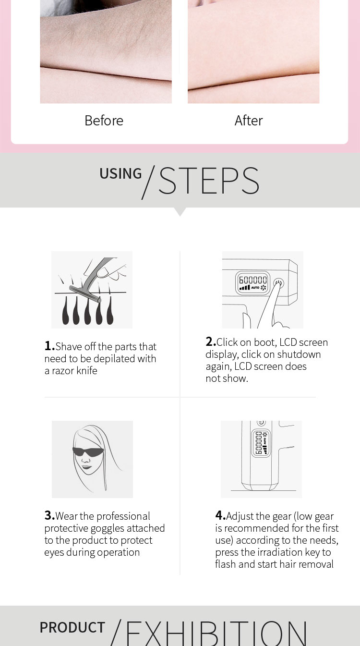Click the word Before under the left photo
pos(104,121)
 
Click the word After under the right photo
pos(249,121)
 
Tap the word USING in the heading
pos(120,173)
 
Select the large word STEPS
pos(209,181)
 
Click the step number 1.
pos(48,346)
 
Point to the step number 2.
pos(210,341)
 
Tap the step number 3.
pos(48,515)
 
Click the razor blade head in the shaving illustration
pos(85,294)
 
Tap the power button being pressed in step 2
pos(278,283)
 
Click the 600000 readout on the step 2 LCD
pos(253,280)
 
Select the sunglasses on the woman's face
pos(88,451)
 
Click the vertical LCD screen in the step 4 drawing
pos(261,443)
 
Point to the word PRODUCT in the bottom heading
pos(72,627)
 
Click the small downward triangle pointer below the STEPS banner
pos(180,212)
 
